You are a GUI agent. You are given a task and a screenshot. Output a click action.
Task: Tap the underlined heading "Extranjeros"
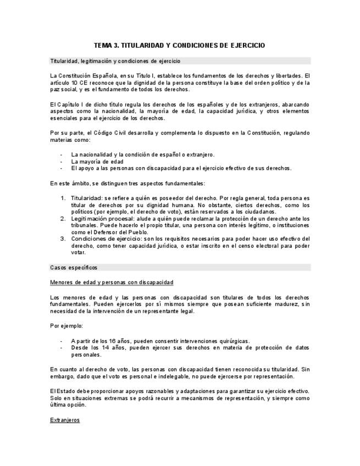[65, 420]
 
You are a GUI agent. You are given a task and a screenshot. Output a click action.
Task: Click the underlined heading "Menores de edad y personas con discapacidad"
[112, 282]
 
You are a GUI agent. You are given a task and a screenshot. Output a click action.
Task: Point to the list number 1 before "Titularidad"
[64, 198]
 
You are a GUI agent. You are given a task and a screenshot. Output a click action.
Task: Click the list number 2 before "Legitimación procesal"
[64, 219]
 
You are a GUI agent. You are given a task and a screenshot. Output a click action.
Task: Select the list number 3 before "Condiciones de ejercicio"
[64, 239]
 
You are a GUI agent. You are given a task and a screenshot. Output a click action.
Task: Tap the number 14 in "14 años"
[113, 348]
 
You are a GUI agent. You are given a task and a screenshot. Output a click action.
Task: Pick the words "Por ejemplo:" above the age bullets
[66, 326]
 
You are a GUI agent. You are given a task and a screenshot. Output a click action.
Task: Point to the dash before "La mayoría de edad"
[61, 162]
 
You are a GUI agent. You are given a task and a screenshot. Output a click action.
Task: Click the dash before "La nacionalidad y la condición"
[61, 154]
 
